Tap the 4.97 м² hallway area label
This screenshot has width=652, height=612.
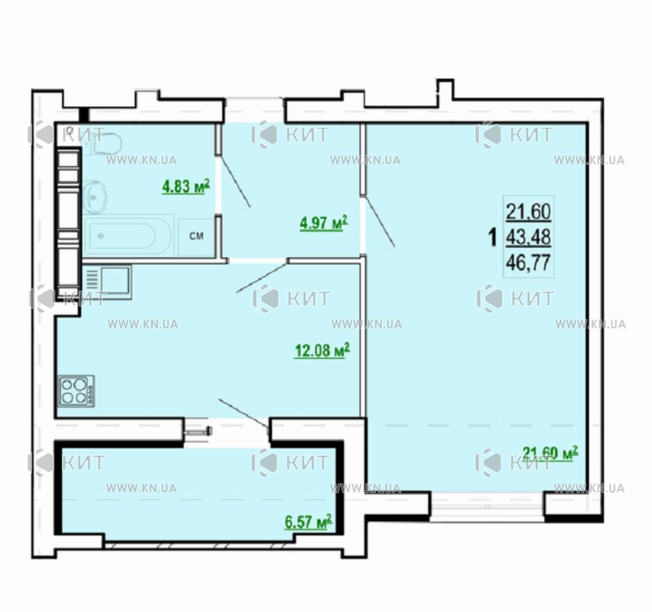(323, 223)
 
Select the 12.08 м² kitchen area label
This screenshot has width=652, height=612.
(322, 350)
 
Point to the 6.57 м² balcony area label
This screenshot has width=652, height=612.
(308, 522)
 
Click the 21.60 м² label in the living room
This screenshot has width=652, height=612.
(550, 453)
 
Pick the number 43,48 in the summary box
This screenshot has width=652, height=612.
(528, 237)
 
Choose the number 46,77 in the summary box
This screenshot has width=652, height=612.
(528, 263)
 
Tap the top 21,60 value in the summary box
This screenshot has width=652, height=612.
(528, 212)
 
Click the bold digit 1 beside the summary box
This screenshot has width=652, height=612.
(493, 238)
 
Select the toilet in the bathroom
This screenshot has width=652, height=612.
(102, 142)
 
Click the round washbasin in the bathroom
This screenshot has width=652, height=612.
(94, 197)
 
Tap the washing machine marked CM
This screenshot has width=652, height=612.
(197, 236)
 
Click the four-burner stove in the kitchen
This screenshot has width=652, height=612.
(76, 391)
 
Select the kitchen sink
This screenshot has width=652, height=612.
(107, 282)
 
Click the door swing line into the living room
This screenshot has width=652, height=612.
(379, 223)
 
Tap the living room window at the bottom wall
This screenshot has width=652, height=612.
(487, 506)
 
